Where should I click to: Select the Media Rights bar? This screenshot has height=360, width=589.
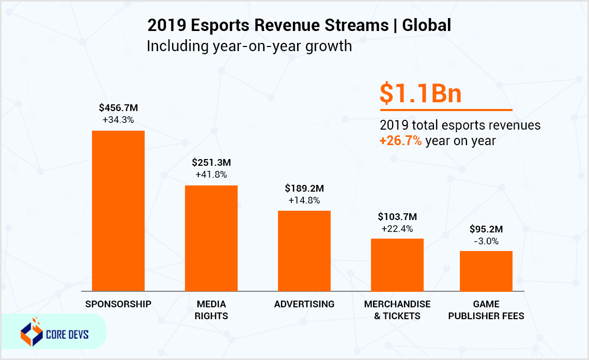tap(211, 238)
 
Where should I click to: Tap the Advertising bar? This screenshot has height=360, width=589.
tap(304, 251)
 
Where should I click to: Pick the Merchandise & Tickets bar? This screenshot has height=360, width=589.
tap(397, 265)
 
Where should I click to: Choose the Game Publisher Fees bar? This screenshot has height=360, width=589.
tap(486, 271)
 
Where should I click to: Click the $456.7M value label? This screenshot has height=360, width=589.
tap(118, 108)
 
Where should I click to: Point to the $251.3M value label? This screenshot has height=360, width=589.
tap(211, 163)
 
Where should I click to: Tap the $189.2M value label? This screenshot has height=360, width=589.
tap(304, 188)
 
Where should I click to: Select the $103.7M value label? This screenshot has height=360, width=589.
tap(397, 216)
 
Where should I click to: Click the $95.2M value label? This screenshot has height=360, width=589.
tap(486, 229)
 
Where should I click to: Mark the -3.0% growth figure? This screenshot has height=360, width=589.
tap(486, 241)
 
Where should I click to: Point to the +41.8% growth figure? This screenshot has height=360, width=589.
tap(211, 175)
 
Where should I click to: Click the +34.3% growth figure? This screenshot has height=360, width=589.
tap(118, 120)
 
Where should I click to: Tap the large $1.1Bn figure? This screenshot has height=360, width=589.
tap(420, 93)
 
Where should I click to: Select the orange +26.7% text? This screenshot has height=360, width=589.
tap(401, 141)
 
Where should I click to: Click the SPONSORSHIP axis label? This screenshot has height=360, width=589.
tap(118, 304)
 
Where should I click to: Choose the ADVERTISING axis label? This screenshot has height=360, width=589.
tap(304, 304)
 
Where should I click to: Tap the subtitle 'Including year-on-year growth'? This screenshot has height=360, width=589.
tap(249, 46)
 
